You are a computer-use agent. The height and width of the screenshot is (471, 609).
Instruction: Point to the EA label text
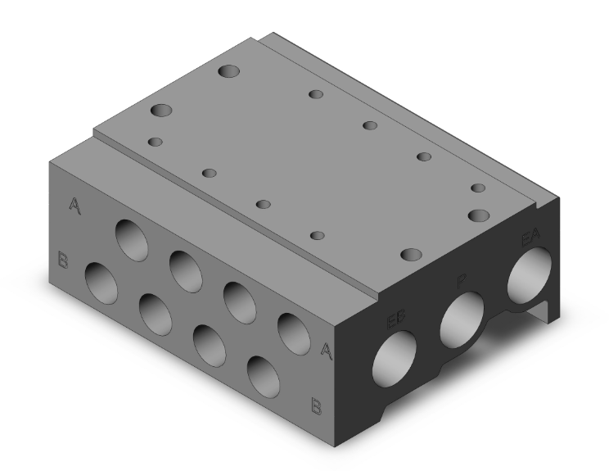point(531,240)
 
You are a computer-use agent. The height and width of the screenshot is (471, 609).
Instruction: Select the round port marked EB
point(394,359)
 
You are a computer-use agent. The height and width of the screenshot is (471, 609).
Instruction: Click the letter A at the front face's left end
point(74,206)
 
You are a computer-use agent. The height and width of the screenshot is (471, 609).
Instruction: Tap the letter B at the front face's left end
point(62,262)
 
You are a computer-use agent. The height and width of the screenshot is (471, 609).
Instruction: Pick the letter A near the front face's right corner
point(326,351)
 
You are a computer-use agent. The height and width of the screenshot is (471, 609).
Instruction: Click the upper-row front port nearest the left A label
point(131,238)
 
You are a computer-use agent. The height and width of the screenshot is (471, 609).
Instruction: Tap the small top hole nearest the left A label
point(155,143)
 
